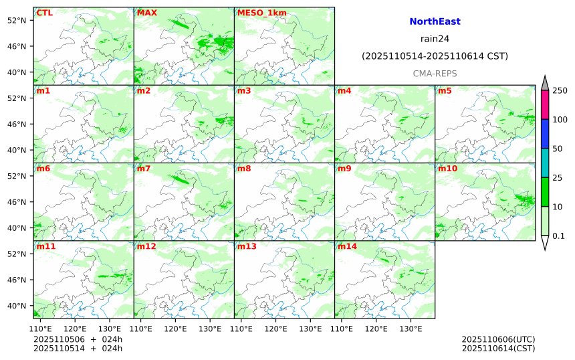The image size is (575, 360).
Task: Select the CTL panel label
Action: tap(44, 13)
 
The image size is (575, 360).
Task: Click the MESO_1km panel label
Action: tap(257, 13)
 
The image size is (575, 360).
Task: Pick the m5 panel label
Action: tap(445, 90)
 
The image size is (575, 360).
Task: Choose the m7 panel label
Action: tap(144, 169)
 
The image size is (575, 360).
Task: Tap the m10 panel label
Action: tap(447, 169)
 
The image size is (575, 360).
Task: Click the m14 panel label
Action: tap(347, 247)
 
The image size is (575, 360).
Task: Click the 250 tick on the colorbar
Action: tap(560, 91)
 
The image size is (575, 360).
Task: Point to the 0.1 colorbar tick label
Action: tap(558, 236)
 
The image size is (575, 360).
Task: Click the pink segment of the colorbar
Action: tap(544, 105)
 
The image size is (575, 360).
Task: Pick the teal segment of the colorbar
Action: tap(544, 163)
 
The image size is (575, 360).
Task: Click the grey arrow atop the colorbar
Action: tap(544, 82)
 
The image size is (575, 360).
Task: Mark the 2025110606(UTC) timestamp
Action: tap(498, 339)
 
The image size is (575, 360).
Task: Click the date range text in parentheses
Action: tap(435, 56)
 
